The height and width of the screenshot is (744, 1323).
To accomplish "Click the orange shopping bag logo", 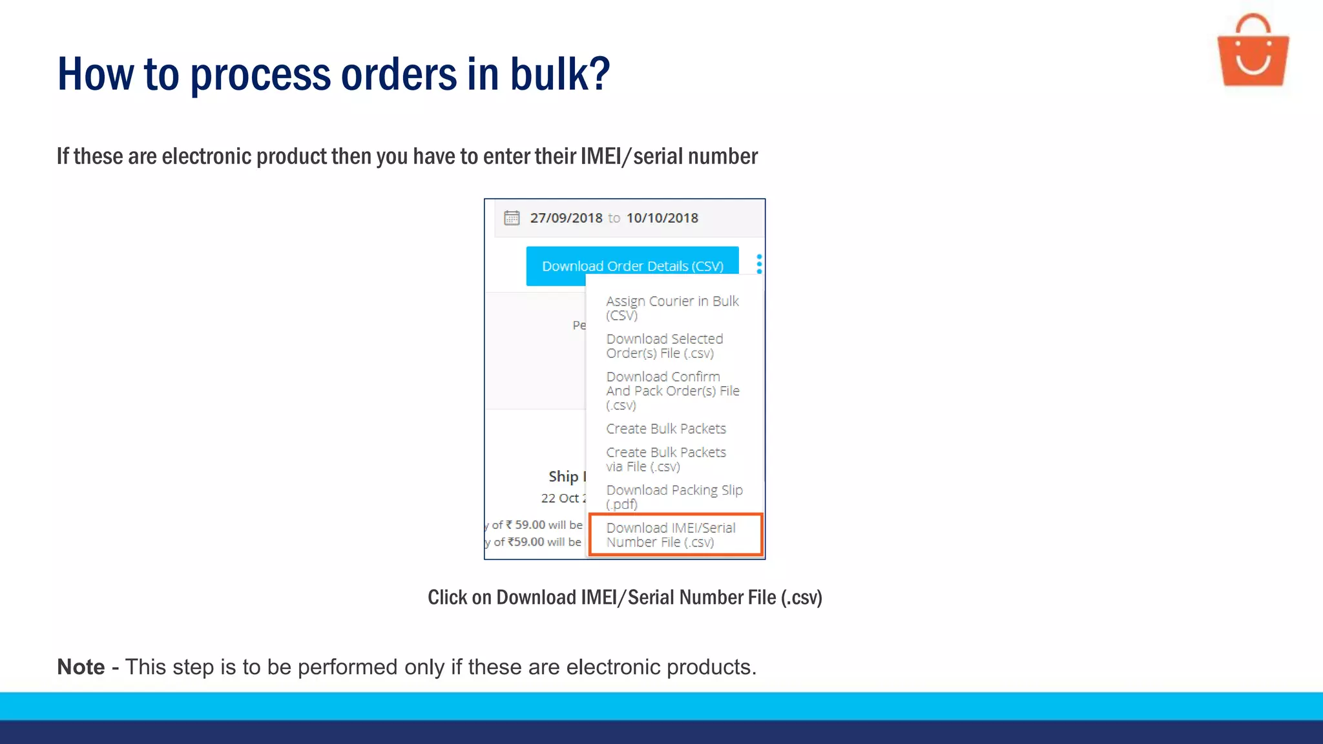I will click(x=1253, y=52).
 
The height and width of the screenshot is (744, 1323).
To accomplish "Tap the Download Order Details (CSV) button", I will click(x=632, y=265).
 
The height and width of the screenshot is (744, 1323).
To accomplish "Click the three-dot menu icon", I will click(x=759, y=263).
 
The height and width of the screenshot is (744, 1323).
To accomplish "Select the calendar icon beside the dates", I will click(x=512, y=218).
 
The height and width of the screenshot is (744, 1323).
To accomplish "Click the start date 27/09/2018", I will click(x=566, y=218).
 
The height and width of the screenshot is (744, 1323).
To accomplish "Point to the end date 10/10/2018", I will click(x=662, y=218).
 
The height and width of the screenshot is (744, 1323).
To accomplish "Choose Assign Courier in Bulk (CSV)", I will click(x=672, y=307).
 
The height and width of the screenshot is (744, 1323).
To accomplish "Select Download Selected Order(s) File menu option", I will click(x=664, y=346).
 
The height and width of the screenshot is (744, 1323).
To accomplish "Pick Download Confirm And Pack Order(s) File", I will click(x=672, y=390).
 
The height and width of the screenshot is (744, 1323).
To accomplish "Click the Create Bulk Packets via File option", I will click(x=665, y=459).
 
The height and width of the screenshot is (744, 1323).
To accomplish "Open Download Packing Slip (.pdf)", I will click(x=674, y=497).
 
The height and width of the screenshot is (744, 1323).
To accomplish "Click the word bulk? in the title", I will click(x=560, y=74).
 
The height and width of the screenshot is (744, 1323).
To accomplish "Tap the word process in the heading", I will click(x=260, y=74).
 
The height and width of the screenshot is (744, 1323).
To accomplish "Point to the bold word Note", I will click(x=81, y=666).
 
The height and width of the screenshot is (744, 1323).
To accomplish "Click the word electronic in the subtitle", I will click(x=207, y=156).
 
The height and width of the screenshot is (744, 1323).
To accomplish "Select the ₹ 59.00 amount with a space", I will click(x=525, y=524).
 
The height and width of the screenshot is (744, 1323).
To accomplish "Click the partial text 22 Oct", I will click(x=561, y=498).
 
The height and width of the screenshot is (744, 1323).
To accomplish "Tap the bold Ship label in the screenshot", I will click(x=563, y=477).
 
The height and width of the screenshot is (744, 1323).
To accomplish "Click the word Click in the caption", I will click(x=447, y=597).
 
